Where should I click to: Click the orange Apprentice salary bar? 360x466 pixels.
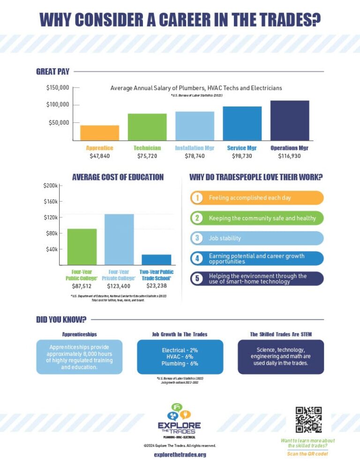(x=99, y=133)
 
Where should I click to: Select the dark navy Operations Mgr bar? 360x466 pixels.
(x=289, y=120)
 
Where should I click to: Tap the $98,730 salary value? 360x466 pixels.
(x=241, y=156)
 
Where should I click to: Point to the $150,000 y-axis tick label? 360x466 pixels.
(x=58, y=88)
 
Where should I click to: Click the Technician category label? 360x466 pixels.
(x=147, y=148)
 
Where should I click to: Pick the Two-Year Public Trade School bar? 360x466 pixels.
(x=156, y=260)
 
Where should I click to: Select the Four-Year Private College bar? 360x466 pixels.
(x=119, y=240)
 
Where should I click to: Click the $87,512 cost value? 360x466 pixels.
(x=82, y=286)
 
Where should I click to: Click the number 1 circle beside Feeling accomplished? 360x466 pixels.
(x=197, y=198)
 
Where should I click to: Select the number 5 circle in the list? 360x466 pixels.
(x=197, y=278)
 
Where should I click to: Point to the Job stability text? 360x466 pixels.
(x=225, y=238)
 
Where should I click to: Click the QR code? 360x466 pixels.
(x=308, y=420)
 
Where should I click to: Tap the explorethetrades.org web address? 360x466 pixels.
(x=180, y=454)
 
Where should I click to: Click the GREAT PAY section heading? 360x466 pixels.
(x=52, y=72)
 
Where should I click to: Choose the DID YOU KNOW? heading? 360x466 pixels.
(x=61, y=319)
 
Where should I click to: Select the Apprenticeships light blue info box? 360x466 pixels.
(x=79, y=357)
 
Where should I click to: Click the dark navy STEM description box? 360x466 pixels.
(x=280, y=357)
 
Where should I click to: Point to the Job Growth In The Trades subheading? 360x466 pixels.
(x=180, y=334)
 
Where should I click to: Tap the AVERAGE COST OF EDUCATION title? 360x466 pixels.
(x=118, y=177)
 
